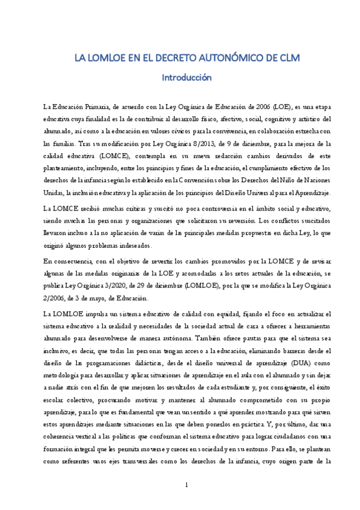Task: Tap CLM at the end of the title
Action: tap(286, 58)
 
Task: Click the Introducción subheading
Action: tap(180, 78)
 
